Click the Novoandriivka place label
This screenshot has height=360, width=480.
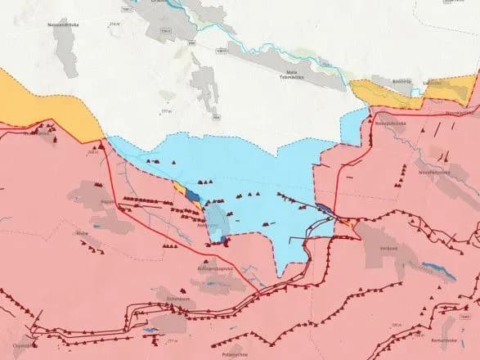pyautogui.click(x=38, y=48)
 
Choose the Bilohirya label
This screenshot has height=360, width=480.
pyautogui.click(x=379, y=84)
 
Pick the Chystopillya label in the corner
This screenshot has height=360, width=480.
pyautogui.click(x=25, y=346)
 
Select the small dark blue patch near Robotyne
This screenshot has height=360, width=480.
pyautogui.click(x=191, y=194)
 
